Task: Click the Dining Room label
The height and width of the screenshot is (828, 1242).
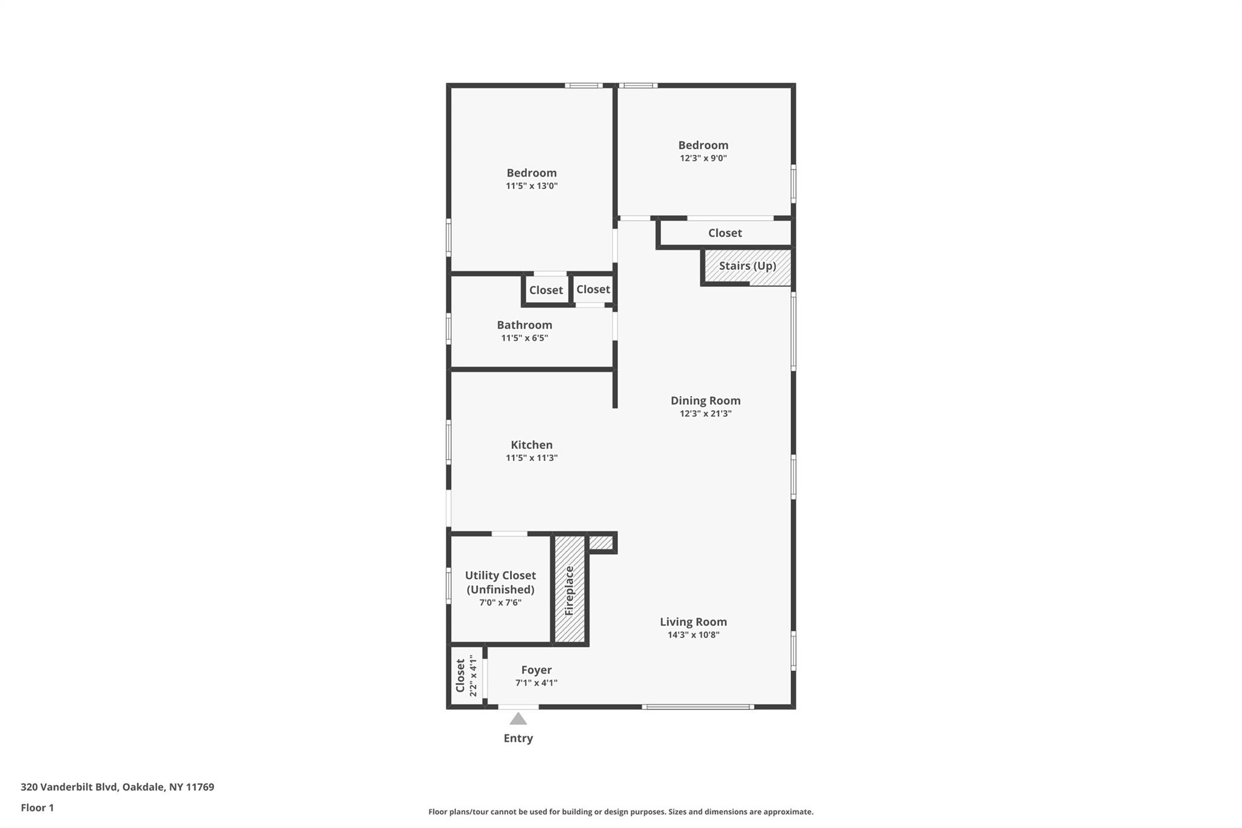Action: (705, 400)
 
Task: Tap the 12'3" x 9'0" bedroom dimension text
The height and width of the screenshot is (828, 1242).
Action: (703, 158)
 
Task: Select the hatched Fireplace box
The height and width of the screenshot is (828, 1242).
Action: (569, 590)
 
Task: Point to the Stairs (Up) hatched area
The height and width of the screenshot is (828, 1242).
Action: (747, 266)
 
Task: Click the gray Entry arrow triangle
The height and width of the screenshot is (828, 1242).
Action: (518, 719)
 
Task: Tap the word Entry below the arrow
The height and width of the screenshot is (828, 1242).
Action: (518, 738)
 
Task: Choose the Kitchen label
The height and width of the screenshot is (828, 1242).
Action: (531, 445)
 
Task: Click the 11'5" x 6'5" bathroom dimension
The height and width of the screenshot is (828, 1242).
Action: (524, 338)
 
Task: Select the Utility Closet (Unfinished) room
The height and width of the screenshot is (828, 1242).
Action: (500, 582)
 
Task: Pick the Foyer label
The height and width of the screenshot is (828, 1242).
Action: (536, 670)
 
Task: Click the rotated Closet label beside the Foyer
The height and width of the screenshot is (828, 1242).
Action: (460, 676)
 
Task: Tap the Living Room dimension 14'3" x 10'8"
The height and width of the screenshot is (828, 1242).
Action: (693, 635)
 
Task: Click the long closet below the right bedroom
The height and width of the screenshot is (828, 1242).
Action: (725, 233)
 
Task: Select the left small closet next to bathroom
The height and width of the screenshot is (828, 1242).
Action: (546, 290)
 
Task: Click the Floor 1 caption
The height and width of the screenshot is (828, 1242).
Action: (37, 807)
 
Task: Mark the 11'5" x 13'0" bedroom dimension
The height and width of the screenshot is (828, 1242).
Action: (531, 186)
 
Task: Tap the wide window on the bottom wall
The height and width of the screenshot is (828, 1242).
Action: (698, 707)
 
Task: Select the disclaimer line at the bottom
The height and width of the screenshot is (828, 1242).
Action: (620, 812)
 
